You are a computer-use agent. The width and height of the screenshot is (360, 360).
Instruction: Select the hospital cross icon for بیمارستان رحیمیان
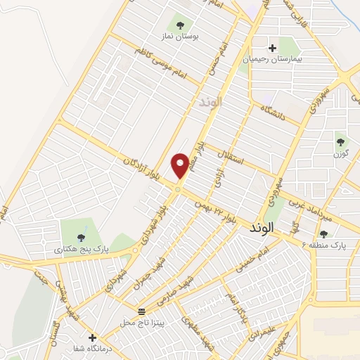click(273, 48)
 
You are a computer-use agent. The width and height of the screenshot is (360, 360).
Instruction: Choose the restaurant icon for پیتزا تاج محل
click(142, 311)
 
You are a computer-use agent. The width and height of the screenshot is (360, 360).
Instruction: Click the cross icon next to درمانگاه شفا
click(91, 337)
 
